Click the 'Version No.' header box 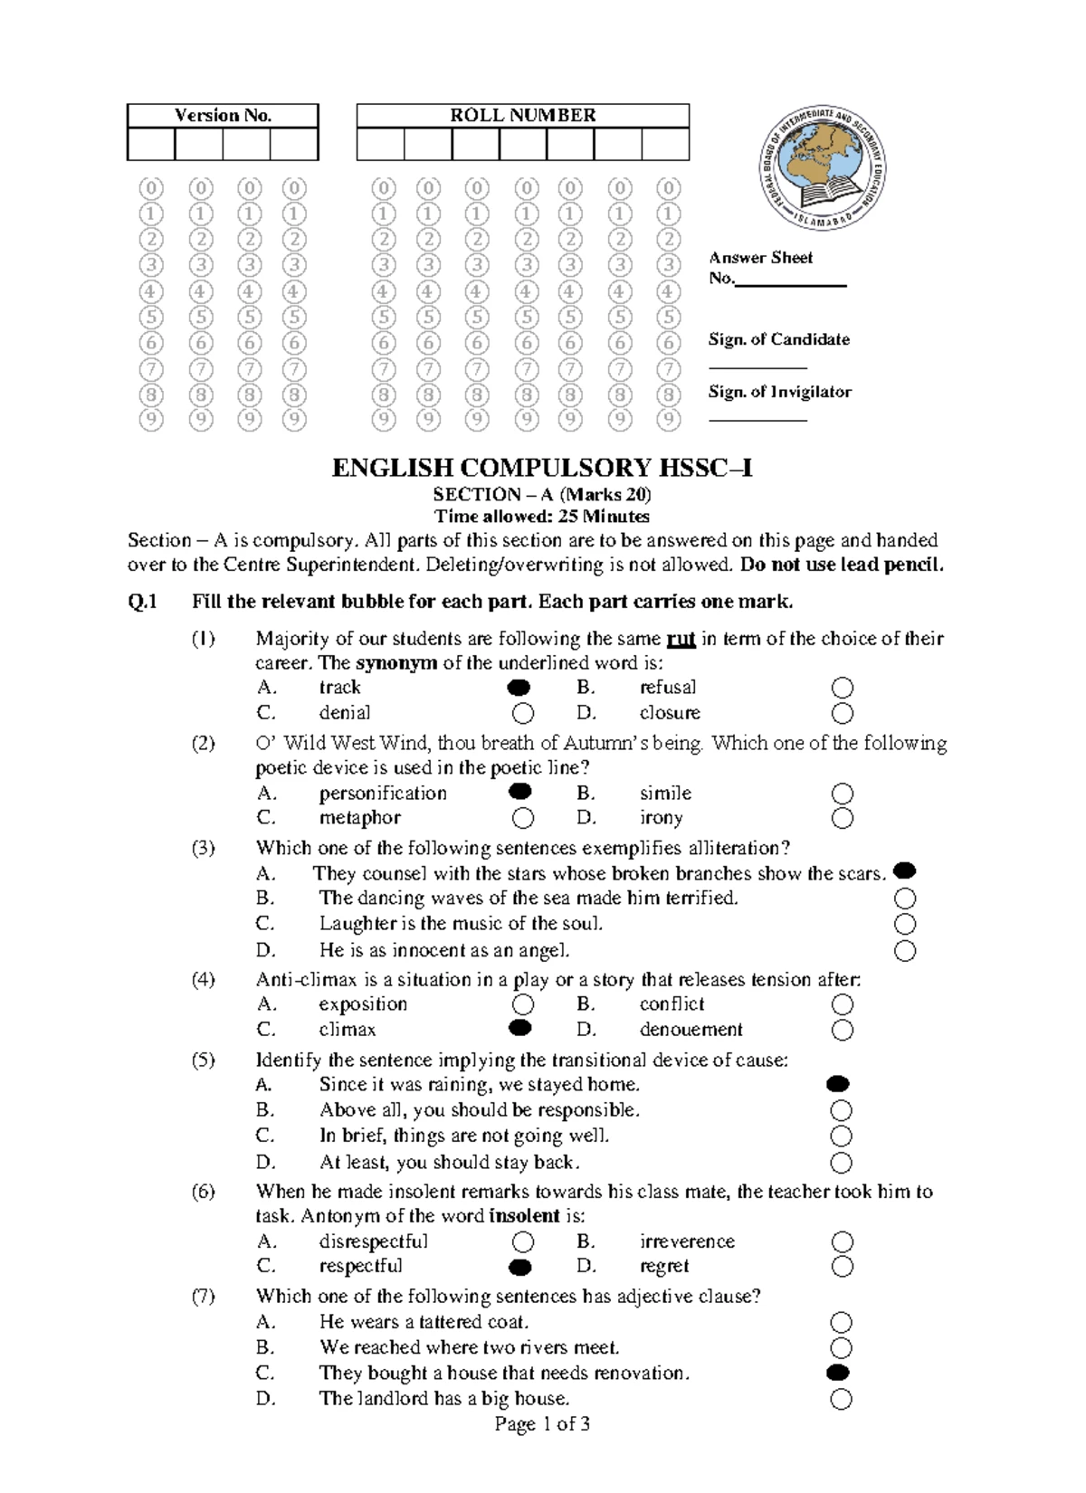pyautogui.click(x=223, y=116)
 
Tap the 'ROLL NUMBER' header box pyautogui.click(x=523, y=116)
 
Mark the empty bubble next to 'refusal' pyautogui.click(x=843, y=689)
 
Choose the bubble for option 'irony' pyautogui.click(x=843, y=819)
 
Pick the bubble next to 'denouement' pyautogui.click(x=843, y=1031)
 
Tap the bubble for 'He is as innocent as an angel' pyautogui.click(x=904, y=951)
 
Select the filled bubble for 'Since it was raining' pyautogui.click(x=839, y=1084)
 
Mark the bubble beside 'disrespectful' pyautogui.click(x=522, y=1242)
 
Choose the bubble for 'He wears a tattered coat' pyautogui.click(x=841, y=1323)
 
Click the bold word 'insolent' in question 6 pyautogui.click(x=524, y=1216)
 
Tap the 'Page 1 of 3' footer pyautogui.click(x=542, y=1425)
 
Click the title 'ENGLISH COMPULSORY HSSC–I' pyautogui.click(x=542, y=468)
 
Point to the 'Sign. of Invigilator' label pyautogui.click(x=779, y=392)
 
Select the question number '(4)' pyautogui.click(x=203, y=980)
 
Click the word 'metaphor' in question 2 pyautogui.click(x=359, y=818)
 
